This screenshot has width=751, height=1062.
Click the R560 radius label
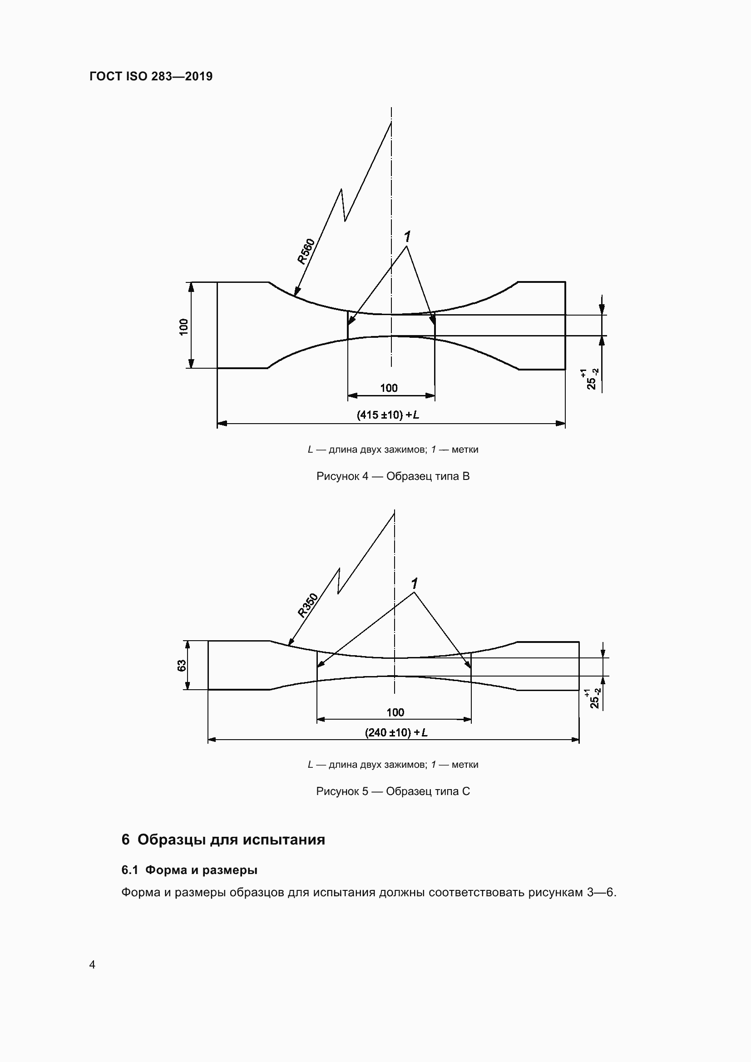pyautogui.click(x=306, y=251)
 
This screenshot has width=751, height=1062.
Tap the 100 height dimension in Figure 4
pyautogui.click(x=184, y=326)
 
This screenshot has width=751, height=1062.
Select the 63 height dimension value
pyautogui.click(x=182, y=665)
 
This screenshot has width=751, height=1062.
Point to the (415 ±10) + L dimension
pyautogui.click(x=388, y=415)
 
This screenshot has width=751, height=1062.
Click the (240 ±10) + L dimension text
pyautogui.click(x=396, y=732)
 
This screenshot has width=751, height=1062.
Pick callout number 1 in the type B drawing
pyautogui.click(x=407, y=237)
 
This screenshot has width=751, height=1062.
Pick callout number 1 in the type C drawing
pyautogui.click(x=415, y=584)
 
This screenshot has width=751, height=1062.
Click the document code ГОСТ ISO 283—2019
pyautogui.click(x=151, y=76)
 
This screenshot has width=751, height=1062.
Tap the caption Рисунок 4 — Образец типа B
pyautogui.click(x=393, y=476)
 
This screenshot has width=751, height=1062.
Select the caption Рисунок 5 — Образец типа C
pyautogui.click(x=393, y=791)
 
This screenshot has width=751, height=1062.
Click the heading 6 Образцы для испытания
pyautogui.click(x=223, y=840)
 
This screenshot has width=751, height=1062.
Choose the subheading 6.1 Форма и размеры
pyautogui.click(x=189, y=870)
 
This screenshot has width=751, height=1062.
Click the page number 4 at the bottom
pyautogui.click(x=93, y=964)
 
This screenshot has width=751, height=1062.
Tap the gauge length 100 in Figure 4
pyautogui.click(x=389, y=388)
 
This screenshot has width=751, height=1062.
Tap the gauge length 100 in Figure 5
pyautogui.click(x=395, y=712)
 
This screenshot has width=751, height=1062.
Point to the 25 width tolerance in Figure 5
pyautogui.click(x=595, y=698)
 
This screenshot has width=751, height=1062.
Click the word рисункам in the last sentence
pyautogui.click(x=556, y=892)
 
